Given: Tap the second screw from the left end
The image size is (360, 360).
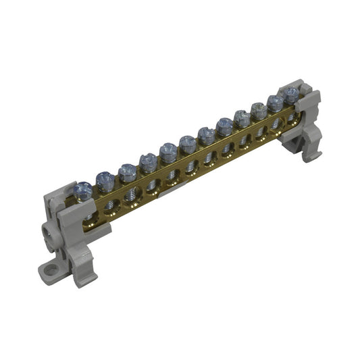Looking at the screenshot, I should coord(105,180).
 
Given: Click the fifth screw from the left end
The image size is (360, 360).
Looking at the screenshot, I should coord(168,151).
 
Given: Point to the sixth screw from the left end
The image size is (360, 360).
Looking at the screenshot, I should coord(188,142).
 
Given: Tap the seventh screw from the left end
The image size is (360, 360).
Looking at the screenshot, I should coord(207,133).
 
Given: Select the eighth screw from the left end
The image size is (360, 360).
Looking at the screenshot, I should coord(225,124).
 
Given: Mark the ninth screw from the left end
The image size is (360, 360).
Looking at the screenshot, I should coord(242,117).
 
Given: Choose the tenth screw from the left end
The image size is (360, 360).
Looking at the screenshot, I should coord(259,109).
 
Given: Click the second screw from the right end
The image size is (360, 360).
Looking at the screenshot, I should coord(276,101).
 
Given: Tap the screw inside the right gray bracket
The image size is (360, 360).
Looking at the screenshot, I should coord(291,93).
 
